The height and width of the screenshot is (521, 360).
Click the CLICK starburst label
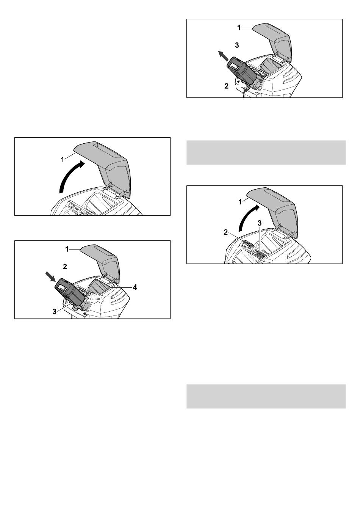95,299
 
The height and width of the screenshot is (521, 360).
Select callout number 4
135,287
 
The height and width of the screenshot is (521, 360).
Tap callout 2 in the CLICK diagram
65,266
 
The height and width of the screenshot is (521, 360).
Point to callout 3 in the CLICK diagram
55,311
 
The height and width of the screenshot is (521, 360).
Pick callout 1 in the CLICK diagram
67,250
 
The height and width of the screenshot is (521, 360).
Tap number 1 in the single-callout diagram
62,160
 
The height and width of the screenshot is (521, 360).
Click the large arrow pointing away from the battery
223,56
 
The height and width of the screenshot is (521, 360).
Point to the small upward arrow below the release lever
244,92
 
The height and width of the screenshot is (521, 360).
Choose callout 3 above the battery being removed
237,46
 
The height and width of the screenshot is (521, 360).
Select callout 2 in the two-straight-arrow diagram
226,86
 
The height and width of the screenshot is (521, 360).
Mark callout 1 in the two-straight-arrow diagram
239,28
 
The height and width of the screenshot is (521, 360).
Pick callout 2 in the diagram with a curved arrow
225,232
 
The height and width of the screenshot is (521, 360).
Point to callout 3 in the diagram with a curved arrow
259,223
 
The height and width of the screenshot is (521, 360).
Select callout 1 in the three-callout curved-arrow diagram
240,202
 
